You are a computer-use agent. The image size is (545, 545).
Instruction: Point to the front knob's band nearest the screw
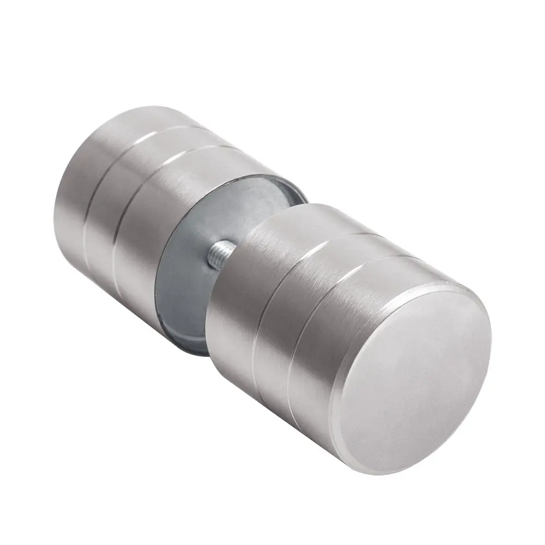234,305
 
